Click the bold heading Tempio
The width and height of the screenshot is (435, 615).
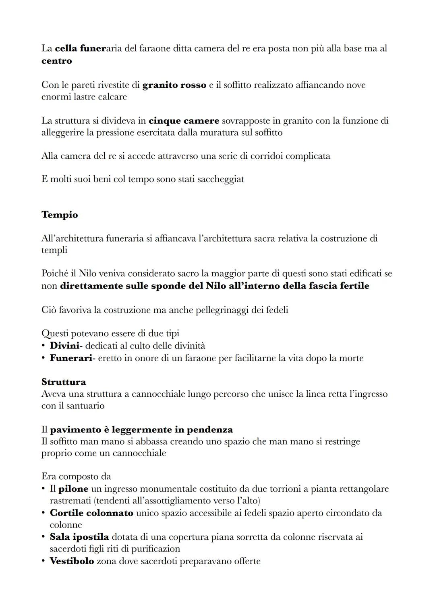(60, 215)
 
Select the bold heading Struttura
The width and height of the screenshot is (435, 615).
(64, 382)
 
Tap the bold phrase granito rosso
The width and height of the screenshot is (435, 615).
(174, 85)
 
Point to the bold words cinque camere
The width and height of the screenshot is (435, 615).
(184, 121)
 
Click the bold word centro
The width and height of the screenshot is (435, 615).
(56, 61)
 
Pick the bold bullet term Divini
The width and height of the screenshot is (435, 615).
(64, 346)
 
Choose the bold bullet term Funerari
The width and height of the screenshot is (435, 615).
(71, 358)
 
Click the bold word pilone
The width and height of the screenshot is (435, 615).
(73, 489)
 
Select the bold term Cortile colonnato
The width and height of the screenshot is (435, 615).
(91, 513)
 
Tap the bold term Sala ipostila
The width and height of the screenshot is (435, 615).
(79, 537)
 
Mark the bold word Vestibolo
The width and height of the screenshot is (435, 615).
(72, 561)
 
